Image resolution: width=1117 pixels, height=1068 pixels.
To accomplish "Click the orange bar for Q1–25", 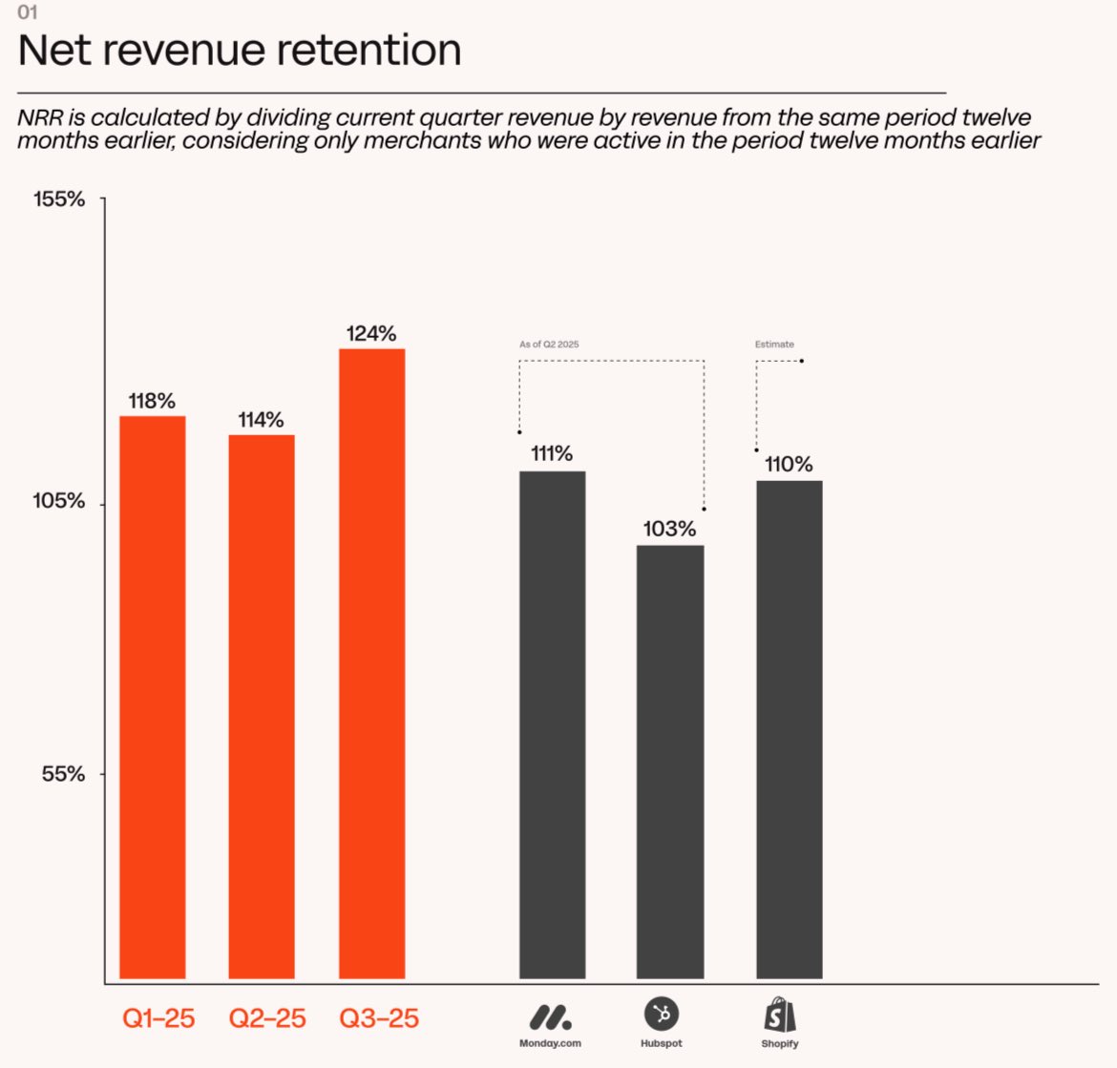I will [x=153, y=697].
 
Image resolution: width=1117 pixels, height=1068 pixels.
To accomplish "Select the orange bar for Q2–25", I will [x=262, y=706].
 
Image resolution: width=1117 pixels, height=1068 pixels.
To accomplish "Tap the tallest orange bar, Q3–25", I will [x=371, y=663].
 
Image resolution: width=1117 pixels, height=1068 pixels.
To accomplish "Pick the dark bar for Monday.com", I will [x=552, y=724].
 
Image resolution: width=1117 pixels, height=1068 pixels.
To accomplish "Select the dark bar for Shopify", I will [x=789, y=729].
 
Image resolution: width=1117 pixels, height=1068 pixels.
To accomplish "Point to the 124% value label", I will [x=371, y=333].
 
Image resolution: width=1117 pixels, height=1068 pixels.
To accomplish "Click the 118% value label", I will [x=153, y=401].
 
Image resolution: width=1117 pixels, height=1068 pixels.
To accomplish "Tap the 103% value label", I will [x=669, y=529].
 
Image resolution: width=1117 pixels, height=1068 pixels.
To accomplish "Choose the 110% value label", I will [x=789, y=464].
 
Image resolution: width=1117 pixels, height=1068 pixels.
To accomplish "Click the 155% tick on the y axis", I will [x=59, y=199].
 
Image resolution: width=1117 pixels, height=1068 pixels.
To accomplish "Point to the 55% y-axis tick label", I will [x=64, y=773].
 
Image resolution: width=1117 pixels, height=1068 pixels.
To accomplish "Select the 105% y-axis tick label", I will [x=59, y=500].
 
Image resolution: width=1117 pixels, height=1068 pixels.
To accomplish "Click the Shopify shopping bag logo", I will [x=780, y=1016].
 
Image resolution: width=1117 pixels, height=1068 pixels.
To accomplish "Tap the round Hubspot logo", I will [x=662, y=1014].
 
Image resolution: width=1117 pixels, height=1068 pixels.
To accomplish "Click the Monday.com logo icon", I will [x=551, y=1016].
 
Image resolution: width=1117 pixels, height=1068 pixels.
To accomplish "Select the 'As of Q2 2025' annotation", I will [x=549, y=345].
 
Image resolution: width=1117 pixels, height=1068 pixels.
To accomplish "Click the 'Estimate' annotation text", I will [x=774, y=345].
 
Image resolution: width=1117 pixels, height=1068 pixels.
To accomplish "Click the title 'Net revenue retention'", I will [x=240, y=51].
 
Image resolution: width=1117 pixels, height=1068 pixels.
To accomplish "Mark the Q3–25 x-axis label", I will [x=379, y=1018].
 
